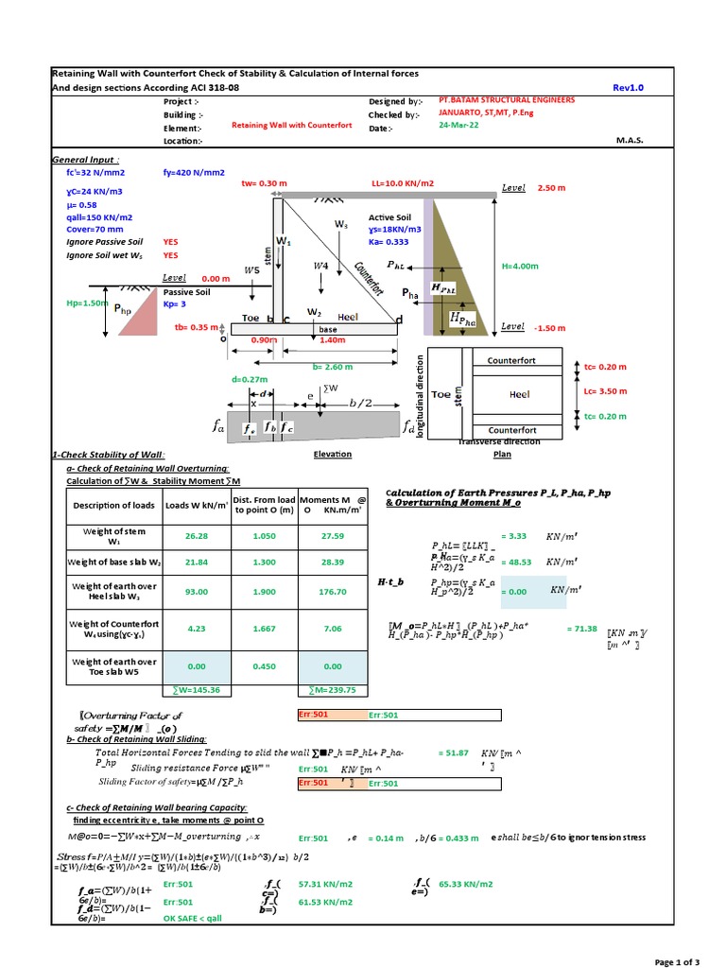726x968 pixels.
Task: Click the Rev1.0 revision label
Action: tap(627, 88)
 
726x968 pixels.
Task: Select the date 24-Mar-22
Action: tap(460, 129)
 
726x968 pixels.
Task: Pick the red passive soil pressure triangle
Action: tap(141, 318)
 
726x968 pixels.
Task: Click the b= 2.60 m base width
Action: tap(332, 367)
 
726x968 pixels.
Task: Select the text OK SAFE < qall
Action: tap(199, 918)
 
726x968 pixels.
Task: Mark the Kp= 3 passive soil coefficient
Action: tap(178, 305)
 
